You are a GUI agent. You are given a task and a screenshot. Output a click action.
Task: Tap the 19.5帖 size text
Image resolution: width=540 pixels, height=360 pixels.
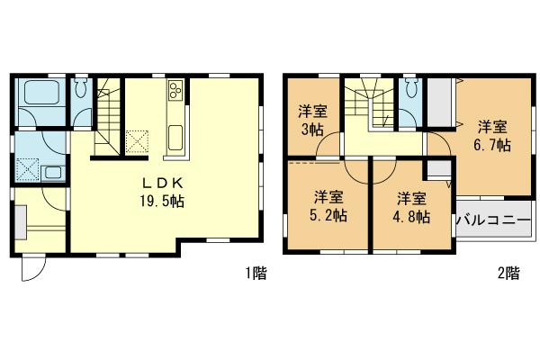coord(155,202)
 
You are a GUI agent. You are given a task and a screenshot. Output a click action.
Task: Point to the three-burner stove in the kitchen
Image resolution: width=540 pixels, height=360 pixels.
coord(174,90)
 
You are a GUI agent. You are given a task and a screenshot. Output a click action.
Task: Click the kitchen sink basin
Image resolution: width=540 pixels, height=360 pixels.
coord(175,139)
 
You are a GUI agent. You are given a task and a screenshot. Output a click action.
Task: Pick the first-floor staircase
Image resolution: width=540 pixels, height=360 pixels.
coord(110,112)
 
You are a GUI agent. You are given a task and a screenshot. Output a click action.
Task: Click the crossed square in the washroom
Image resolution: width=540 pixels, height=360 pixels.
coord(26,168)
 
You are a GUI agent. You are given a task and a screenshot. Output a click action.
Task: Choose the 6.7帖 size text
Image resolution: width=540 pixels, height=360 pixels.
coord(491,144)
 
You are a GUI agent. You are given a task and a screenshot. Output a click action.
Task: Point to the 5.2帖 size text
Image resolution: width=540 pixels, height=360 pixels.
coord(328,215)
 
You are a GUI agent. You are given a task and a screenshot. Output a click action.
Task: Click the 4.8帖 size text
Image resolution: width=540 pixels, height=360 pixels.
coord(413,216)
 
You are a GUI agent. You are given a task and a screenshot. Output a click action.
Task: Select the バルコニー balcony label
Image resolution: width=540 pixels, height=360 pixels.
coord(494,219)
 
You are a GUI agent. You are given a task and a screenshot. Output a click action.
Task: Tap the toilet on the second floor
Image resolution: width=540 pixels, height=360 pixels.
coord(412,90)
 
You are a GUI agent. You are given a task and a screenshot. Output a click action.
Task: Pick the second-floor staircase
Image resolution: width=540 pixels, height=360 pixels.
coord(370,103)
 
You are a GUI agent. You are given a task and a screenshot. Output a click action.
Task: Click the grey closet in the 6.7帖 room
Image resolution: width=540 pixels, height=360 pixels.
coord(440,104)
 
